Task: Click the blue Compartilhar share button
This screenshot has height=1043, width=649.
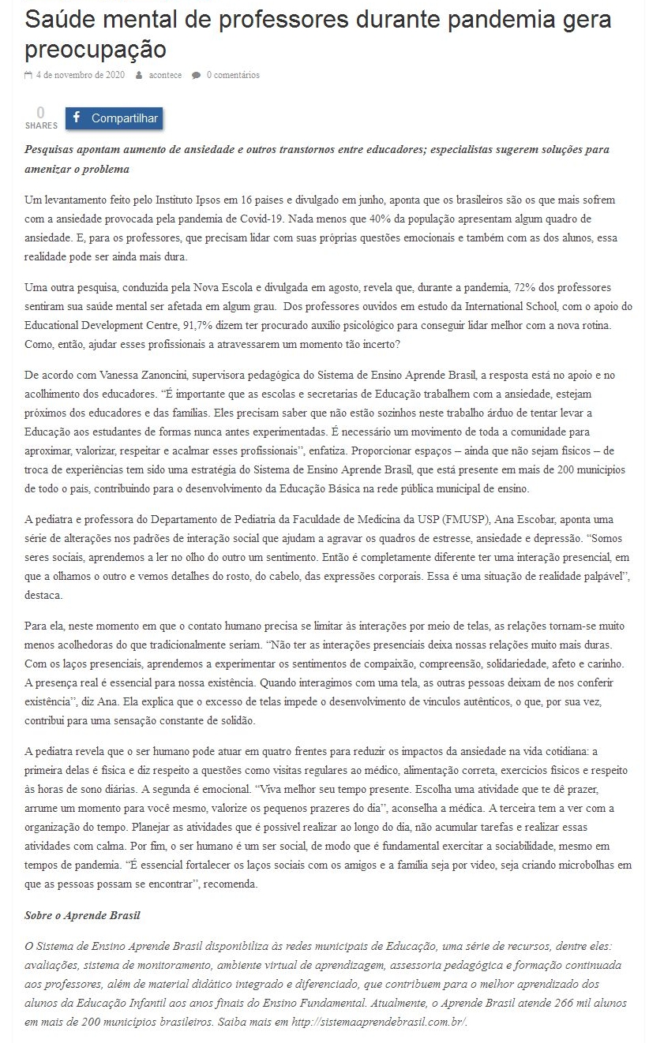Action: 114,118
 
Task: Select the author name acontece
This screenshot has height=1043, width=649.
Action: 165,75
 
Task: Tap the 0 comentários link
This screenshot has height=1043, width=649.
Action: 233,75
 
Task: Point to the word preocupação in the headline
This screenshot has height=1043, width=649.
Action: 96,49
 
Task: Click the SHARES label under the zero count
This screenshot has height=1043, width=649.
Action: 41,125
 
